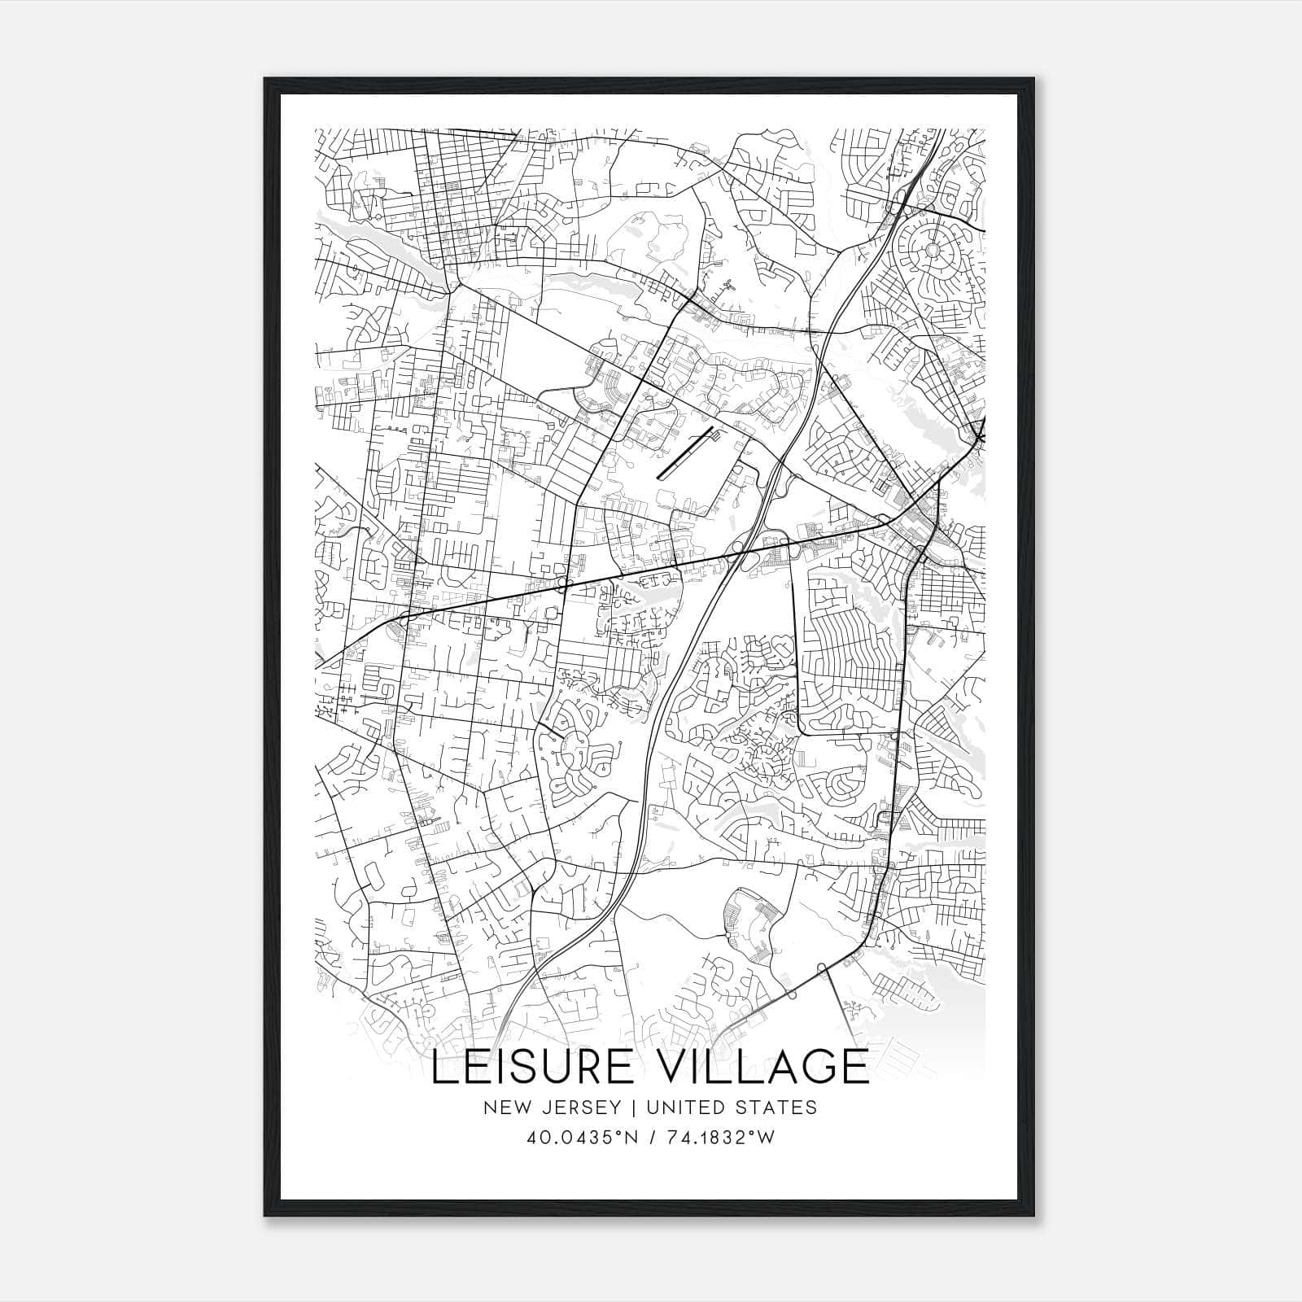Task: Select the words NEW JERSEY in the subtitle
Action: coord(548,1108)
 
